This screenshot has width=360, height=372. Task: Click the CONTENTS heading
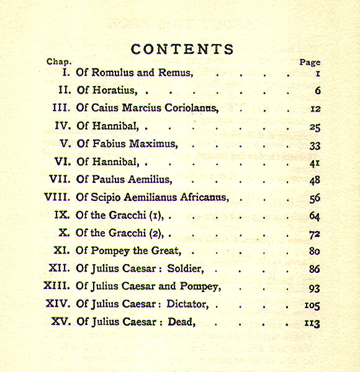[x=182, y=50]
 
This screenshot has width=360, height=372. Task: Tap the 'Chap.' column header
[x=59, y=62]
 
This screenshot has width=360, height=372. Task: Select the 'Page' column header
[x=310, y=63]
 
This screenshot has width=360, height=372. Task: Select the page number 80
[x=314, y=252]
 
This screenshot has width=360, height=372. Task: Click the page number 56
[x=314, y=198]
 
